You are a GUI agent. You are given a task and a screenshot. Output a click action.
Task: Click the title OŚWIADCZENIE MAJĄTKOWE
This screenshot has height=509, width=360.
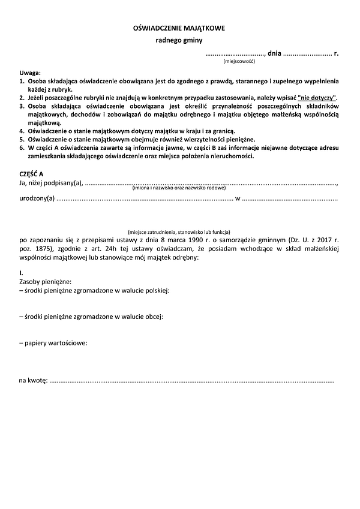point(180,28)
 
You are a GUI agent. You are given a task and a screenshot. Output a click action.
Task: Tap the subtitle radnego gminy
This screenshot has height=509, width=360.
point(179,41)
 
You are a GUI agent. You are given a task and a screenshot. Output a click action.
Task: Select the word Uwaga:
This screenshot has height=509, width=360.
point(29,71)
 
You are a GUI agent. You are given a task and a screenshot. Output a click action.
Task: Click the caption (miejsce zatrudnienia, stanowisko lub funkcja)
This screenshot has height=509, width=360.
point(179,232)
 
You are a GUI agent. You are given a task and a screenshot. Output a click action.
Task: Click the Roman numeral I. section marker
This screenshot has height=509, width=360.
point(21,273)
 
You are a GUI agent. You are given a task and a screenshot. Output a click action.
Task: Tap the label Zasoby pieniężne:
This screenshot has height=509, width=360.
point(46,281)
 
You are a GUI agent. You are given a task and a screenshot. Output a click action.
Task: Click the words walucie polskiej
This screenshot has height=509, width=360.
point(145,290)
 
